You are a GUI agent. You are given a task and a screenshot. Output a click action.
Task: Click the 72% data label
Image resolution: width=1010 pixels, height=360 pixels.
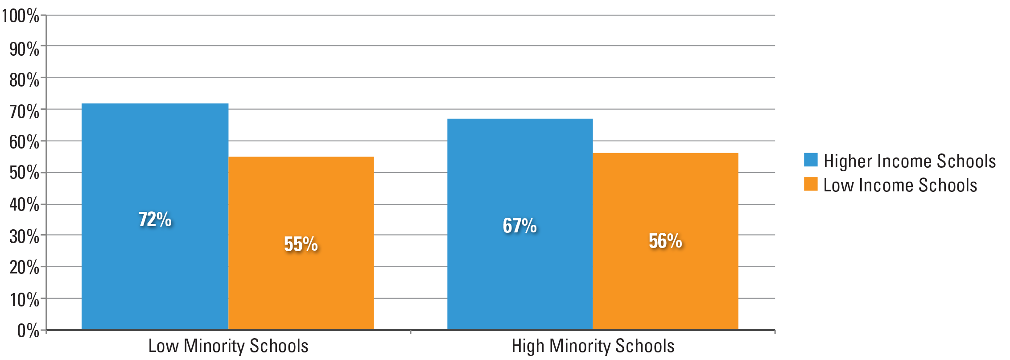(155, 219)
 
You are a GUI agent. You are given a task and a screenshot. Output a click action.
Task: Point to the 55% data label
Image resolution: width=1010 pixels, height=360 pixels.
(301, 244)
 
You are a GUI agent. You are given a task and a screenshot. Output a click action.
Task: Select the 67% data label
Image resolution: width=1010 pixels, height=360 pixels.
(520, 226)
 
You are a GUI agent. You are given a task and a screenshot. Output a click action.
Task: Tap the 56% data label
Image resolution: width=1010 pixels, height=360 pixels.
(665, 241)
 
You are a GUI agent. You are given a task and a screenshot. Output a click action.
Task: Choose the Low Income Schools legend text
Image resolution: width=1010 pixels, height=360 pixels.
(900, 185)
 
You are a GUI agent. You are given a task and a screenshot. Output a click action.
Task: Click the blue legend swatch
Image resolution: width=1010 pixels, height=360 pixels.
(811, 160)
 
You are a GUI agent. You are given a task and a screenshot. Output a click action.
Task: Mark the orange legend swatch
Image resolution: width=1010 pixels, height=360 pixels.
(811, 184)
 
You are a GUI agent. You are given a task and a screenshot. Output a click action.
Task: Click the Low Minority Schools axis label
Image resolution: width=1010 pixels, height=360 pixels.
(228, 346)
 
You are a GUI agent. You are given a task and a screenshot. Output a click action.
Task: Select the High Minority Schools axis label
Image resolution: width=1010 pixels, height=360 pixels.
(593, 346)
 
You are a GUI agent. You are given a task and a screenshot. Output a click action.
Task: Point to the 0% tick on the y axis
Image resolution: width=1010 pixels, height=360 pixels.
(28, 331)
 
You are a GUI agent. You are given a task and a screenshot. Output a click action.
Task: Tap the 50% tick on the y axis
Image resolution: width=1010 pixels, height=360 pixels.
(24, 173)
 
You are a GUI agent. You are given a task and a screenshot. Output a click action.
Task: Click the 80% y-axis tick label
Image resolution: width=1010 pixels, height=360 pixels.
(24, 80)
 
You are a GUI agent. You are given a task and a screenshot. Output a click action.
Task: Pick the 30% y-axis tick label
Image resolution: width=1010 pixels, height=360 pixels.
(24, 236)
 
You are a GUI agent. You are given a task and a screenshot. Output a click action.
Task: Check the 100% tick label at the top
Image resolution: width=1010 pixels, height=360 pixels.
(21, 16)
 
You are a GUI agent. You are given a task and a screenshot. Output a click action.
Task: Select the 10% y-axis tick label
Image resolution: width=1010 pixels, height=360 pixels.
(24, 300)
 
